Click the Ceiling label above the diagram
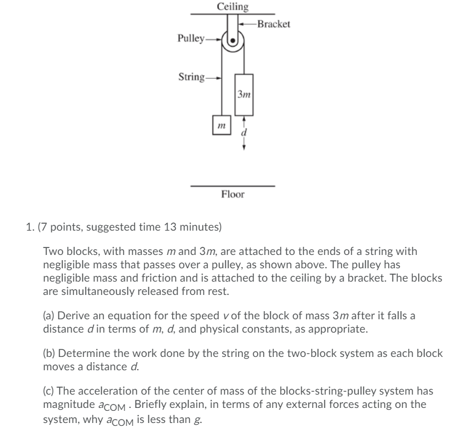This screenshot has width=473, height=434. click(233, 6)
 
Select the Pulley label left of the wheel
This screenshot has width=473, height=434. click(190, 39)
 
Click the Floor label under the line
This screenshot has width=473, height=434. click(233, 195)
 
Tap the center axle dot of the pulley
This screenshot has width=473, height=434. click(233, 42)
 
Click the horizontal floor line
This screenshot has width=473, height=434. click(233, 186)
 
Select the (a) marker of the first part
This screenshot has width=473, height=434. click(49, 315)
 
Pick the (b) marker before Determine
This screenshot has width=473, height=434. click(50, 353)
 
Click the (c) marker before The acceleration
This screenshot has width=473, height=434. click(49, 391)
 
